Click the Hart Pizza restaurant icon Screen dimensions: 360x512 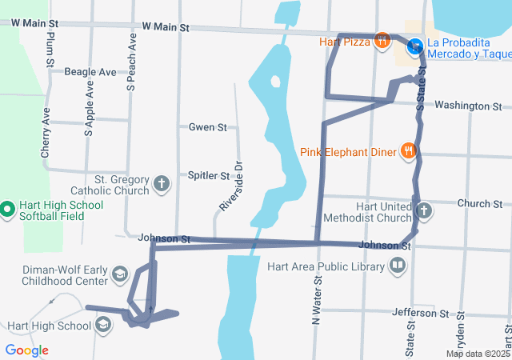pyautogui.click(x=382, y=41)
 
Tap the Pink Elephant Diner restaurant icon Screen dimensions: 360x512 pyautogui.click(x=409, y=150)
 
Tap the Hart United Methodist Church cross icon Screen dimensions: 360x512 pyautogui.click(x=423, y=211)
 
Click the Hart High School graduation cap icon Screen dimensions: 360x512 pyautogui.click(x=103, y=325)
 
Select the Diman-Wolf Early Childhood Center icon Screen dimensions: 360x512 pyautogui.click(x=119, y=274)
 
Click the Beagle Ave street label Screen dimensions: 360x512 pyautogui.click(x=90, y=72)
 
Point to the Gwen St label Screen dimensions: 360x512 pyautogui.click(x=208, y=127)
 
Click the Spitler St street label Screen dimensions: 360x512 pyautogui.click(x=208, y=175)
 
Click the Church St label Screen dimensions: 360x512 pyautogui.click(x=479, y=204)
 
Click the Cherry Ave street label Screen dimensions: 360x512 pyautogui.click(x=46, y=132)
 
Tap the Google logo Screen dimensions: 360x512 pyautogui.click(x=26, y=350)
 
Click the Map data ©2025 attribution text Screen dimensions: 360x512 pyautogui.click(x=478, y=354)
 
